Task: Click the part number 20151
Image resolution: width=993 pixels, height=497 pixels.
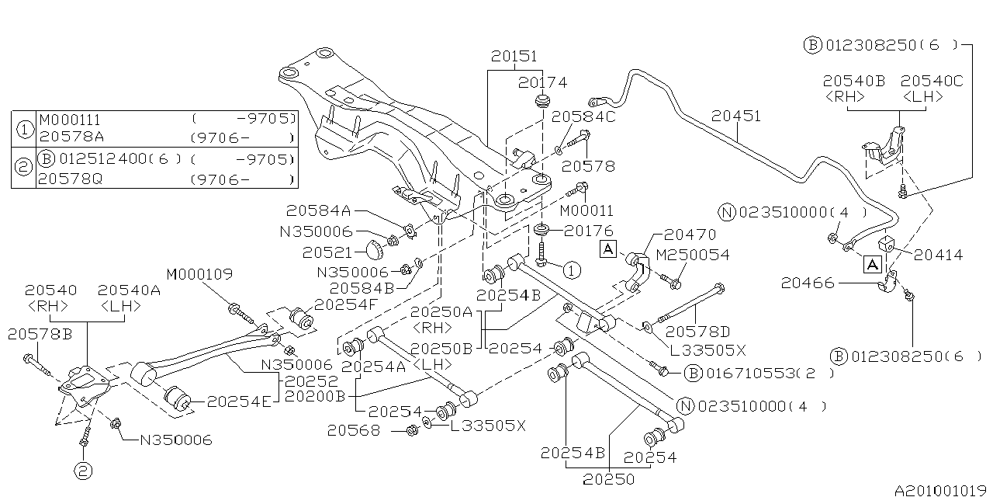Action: click(x=513, y=57)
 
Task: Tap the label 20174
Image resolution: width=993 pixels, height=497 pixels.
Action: click(x=543, y=82)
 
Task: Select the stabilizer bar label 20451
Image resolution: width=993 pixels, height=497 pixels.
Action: click(x=736, y=116)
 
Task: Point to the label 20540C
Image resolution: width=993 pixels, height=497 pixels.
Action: click(x=922, y=80)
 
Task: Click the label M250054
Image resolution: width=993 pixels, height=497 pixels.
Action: click(x=692, y=255)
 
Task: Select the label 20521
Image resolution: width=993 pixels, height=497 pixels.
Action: click(x=329, y=252)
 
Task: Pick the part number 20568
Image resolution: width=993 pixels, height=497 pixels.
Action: click(x=353, y=429)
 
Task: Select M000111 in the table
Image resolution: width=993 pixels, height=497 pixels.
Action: click(x=69, y=120)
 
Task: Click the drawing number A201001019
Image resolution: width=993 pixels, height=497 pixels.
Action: click(x=941, y=490)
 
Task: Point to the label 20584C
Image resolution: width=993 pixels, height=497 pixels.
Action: click(x=583, y=117)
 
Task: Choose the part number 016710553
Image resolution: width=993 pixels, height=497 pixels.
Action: click(x=750, y=374)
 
